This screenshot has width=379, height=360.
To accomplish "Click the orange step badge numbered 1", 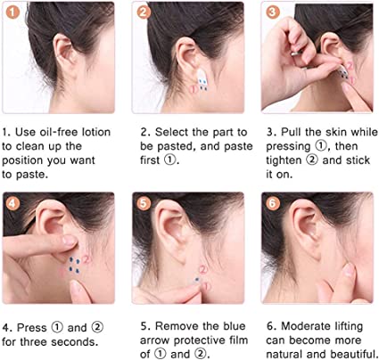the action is [x=12, y=12].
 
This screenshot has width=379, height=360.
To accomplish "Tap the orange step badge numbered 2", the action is [x=144, y=12].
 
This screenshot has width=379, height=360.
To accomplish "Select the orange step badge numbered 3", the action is [x=273, y=12].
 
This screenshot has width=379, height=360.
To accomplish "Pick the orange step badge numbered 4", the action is [x=12, y=203].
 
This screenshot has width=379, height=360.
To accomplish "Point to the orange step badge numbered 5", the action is [x=144, y=203].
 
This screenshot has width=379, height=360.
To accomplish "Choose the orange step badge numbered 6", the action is [x=273, y=203].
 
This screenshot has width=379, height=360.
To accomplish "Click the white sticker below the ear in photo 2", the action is [x=202, y=78].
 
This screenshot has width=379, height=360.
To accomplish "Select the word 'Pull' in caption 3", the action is [x=290, y=132].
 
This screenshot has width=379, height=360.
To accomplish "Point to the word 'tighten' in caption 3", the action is [x=284, y=160].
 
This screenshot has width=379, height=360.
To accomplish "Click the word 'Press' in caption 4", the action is [x=32, y=328].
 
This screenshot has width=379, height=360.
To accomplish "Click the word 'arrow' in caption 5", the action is [x=155, y=340].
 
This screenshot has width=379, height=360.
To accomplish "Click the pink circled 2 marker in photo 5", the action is [x=203, y=270].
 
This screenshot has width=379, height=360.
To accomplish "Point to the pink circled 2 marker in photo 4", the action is [x=87, y=259].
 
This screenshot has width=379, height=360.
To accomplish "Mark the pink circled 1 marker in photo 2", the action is [x=194, y=88].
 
